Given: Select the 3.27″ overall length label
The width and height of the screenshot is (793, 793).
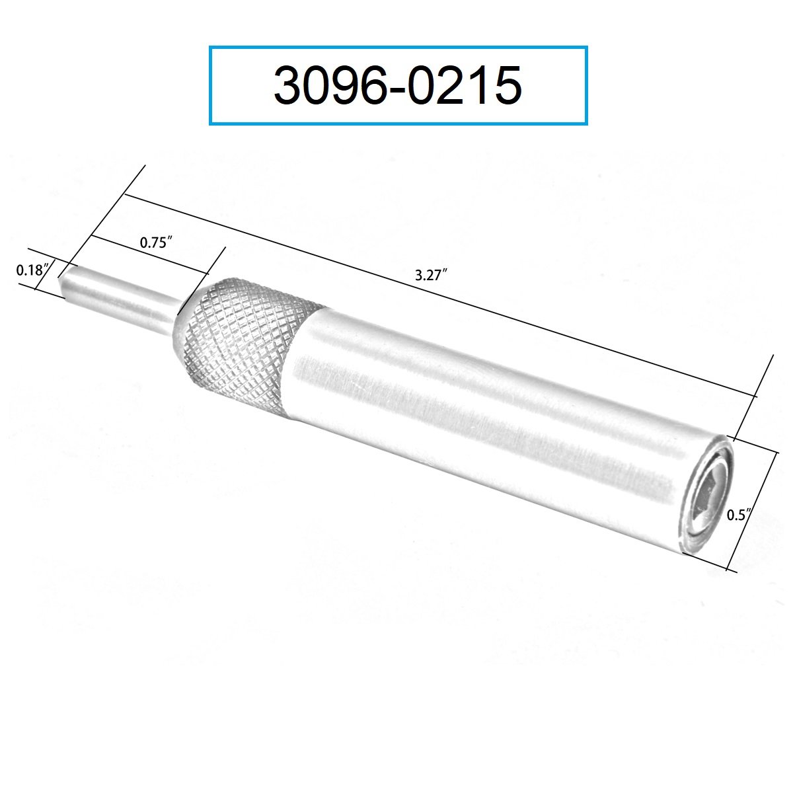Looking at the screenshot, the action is (431, 275).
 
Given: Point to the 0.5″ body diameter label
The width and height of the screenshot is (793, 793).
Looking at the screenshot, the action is (739, 515).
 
